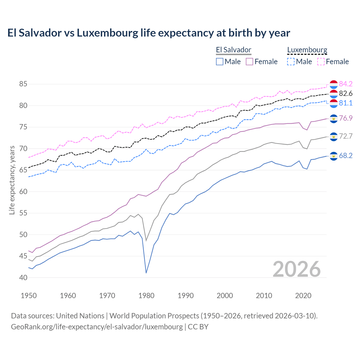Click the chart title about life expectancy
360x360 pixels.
pyautogui.click(x=148, y=33)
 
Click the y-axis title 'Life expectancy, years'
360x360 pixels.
pyautogui.click(x=12, y=180)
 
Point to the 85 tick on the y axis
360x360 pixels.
pyautogui.click(x=23, y=84)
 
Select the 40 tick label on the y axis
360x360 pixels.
pyautogui.click(x=23, y=278)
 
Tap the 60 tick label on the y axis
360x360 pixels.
pyautogui.click(x=23, y=192)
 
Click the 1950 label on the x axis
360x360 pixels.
pyautogui.click(x=29, y=296)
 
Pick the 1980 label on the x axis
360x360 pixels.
pyautogui.click(x=146, y=296)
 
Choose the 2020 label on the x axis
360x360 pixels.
pyautogui.click(x=303, y=296)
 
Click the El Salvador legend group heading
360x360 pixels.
pyautogui.click(x=233, y=50)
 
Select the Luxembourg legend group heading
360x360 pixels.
pyautogui.click(x=307, y=50)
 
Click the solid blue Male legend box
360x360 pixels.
pyautogui.click(x=220, y=62)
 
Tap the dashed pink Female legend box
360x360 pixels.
pyautogui.click(x=321, y=62)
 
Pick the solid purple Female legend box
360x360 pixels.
pyautogui.click(x=249, y=62)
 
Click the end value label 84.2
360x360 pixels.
pyautogui.click(x=346, y=84)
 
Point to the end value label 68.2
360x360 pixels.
pyautogui.click(x=346, y=156)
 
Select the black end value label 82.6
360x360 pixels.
pyautogui.click(x=346, y=94)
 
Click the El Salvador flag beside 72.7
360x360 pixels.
pyautogui.click(x=334, y=137)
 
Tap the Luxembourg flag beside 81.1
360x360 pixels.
pyautogui.click(x=334, y=103)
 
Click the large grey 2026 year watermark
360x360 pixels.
pyautogui.click(x=296, y=269)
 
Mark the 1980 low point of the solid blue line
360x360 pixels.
pyautogui.click(x=146, y=273)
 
